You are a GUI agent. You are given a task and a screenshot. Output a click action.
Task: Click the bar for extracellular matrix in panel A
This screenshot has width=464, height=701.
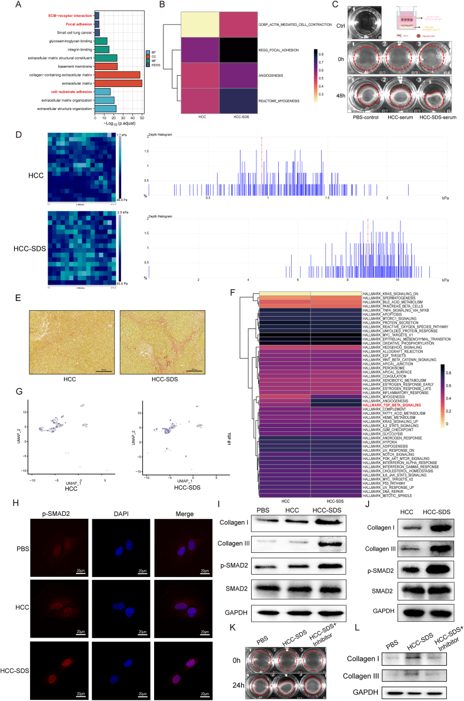pyautogui.click(x=118, y=83)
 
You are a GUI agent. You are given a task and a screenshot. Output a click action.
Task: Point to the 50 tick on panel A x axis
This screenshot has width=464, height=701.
pyautogui.click(x=142, y=118)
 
